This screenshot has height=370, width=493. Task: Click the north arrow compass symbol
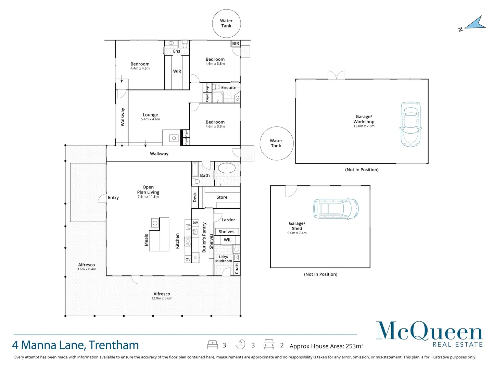(x=475, y=23)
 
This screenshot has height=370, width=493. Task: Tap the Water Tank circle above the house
(x=226, y=23)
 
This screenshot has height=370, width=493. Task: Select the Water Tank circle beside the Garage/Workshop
(x=276, y=143)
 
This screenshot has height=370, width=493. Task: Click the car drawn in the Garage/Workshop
(x=410, y=124)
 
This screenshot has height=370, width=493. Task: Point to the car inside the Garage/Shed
(x=336, y=209)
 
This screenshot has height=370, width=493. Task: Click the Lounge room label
(x=150, y=115)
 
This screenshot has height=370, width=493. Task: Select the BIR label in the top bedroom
(x=236, y=44)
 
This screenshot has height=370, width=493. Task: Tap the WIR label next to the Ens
(x=177, y=71)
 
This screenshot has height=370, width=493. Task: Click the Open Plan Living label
(x=148, y=190)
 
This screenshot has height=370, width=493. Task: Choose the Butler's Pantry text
(x=204, y=237)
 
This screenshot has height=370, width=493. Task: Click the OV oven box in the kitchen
(x=188, y=259)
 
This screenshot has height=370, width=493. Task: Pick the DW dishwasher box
(x=195, y=223)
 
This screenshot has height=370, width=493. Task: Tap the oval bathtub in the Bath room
(x=227, y=168)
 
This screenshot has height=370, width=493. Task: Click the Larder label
(x=228, y=220)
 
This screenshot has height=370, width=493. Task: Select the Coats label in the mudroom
(x=237, y=268)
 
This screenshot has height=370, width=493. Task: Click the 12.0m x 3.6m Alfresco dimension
(x=162, y=298)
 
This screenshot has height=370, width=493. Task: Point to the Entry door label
(x=113, y=198)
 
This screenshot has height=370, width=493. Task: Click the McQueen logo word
(x=429, y=331)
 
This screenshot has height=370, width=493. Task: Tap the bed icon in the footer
(x=212, y=345)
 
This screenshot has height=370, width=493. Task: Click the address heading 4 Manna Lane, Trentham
(x=76, y=345)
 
